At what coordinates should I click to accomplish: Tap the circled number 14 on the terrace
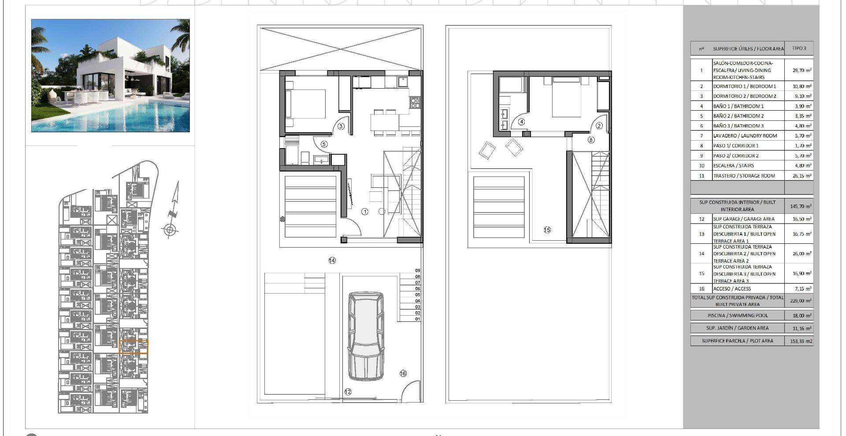(332, 261)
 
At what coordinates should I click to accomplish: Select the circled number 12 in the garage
(348, 391)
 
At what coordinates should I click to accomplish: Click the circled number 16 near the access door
(403, 373)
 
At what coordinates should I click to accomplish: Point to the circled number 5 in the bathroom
(324, 144)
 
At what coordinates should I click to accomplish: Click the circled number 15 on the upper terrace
(547, 230)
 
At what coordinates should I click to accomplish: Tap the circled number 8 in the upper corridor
(591, 140)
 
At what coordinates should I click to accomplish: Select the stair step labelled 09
(417, 271)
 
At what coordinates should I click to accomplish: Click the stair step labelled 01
(417, 319)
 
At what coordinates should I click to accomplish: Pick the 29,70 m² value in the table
(799, 70)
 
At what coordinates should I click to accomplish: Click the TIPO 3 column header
(799, 48)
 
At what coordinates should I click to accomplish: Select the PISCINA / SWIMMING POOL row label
(738, 316)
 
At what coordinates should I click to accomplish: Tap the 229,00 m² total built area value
(799, 301)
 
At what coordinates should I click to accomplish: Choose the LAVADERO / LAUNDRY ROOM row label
(745, 136)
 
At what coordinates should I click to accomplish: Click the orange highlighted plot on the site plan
(134, 347)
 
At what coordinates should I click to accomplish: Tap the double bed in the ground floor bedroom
(306, 104)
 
